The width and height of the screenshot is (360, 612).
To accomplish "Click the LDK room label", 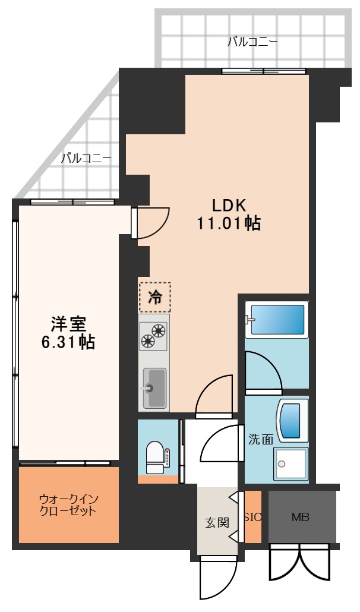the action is (x=229, y=206).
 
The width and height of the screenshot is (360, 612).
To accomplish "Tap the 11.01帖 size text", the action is (x=229, y=223).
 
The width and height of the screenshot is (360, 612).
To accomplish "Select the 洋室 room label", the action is (x=68, y=324).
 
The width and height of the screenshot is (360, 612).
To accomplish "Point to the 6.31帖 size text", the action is (x=68, y=342).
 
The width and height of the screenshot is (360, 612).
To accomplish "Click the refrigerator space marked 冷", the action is (x=155, y=298).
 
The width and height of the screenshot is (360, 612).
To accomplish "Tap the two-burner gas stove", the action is (x=154, y=335).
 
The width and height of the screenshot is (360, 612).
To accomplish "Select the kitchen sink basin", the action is (x=154, y=389).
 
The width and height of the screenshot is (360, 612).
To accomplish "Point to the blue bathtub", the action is (x=277, y=320).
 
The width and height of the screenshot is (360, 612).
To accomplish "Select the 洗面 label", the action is (x=261, y=440).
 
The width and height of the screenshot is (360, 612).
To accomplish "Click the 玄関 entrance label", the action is (x=217, y=522).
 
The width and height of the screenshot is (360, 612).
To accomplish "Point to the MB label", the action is (x=301, y=517).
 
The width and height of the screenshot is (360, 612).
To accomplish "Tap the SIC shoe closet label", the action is (x=252, y=518).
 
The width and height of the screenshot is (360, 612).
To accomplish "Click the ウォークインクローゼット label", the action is (x=68, y=505).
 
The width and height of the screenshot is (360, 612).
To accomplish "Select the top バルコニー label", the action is (x=252, y=42).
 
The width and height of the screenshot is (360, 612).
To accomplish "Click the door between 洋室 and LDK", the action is (x=150, y=223).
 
